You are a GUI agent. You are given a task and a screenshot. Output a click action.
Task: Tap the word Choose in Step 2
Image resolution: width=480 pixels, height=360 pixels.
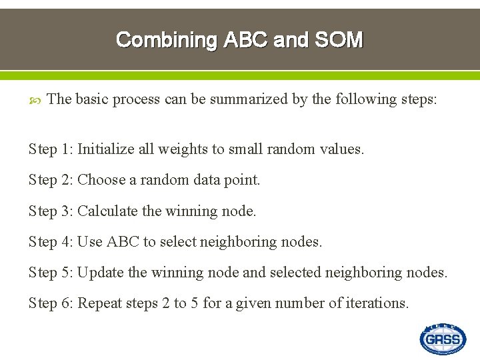point(101,180)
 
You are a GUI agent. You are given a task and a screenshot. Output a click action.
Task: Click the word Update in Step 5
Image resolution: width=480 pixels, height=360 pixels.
point(101,272)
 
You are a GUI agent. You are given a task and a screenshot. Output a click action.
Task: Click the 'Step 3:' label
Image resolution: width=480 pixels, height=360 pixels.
point(51,211)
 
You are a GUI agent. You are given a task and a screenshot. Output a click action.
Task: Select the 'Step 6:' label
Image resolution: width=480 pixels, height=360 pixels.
point(51,303)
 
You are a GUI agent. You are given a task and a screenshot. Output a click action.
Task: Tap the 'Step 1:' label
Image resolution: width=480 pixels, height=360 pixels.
point(51,149)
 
